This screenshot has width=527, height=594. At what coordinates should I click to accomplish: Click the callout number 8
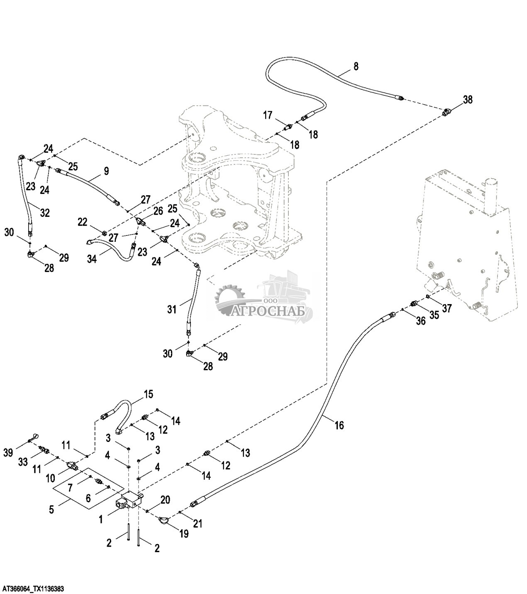coord(356,66)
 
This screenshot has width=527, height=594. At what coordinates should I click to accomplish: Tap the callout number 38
coord(468,100)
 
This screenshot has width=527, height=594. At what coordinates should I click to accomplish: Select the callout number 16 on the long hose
coord(339,425)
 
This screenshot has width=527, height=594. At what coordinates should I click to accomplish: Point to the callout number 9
coord(106,170)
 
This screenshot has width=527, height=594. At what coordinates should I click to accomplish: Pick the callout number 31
coord(172,309)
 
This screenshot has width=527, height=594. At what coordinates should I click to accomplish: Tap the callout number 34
coord(92,259)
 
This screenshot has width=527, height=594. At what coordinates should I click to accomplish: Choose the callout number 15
coord(148,393)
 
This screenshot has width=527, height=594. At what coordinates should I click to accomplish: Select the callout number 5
coord(51,509)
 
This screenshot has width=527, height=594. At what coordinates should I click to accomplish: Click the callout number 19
coord(184,534)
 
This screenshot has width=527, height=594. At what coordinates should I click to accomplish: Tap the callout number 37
coord(446,308)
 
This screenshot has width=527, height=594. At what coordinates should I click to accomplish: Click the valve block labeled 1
coord(129,501)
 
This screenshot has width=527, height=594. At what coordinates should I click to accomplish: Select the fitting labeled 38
coord(447,111)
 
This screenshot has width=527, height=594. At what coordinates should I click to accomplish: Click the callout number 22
coord(83,223)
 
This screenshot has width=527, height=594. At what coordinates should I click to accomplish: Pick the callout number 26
coord(158,211)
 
